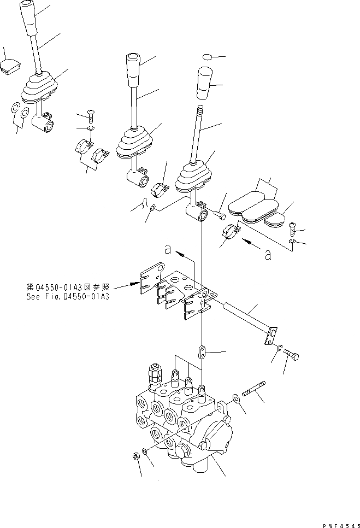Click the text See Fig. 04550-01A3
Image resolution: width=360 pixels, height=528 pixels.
(68, 297)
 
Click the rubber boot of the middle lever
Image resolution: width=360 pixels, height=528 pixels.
(134, 144)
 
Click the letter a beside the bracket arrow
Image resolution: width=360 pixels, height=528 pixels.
(169, 250)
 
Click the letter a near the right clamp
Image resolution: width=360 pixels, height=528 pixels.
(268, 255)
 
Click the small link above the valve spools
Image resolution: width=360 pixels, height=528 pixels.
(203, 349)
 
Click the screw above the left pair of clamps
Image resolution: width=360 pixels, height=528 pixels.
(91, 115)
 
